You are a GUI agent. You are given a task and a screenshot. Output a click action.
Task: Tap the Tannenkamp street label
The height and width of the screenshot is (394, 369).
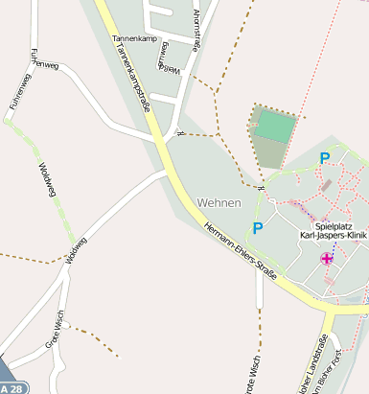pos(133,39)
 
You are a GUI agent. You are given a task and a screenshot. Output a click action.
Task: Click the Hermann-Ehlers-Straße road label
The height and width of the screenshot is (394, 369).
pos(242,255)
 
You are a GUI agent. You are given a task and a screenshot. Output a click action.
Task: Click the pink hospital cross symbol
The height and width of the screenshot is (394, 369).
pos(327,258)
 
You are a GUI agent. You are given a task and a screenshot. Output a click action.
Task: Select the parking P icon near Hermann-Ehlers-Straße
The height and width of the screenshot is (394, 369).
pos(257,228)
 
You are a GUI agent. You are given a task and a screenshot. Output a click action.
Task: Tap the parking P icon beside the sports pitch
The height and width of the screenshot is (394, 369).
pos(324,158)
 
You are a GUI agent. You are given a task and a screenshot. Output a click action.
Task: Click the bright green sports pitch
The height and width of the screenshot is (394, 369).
pos(276,126)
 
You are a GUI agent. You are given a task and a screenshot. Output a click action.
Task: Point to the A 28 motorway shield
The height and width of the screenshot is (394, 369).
pos(12,387)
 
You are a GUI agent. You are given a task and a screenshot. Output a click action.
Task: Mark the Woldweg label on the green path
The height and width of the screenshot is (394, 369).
pos(43,180)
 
